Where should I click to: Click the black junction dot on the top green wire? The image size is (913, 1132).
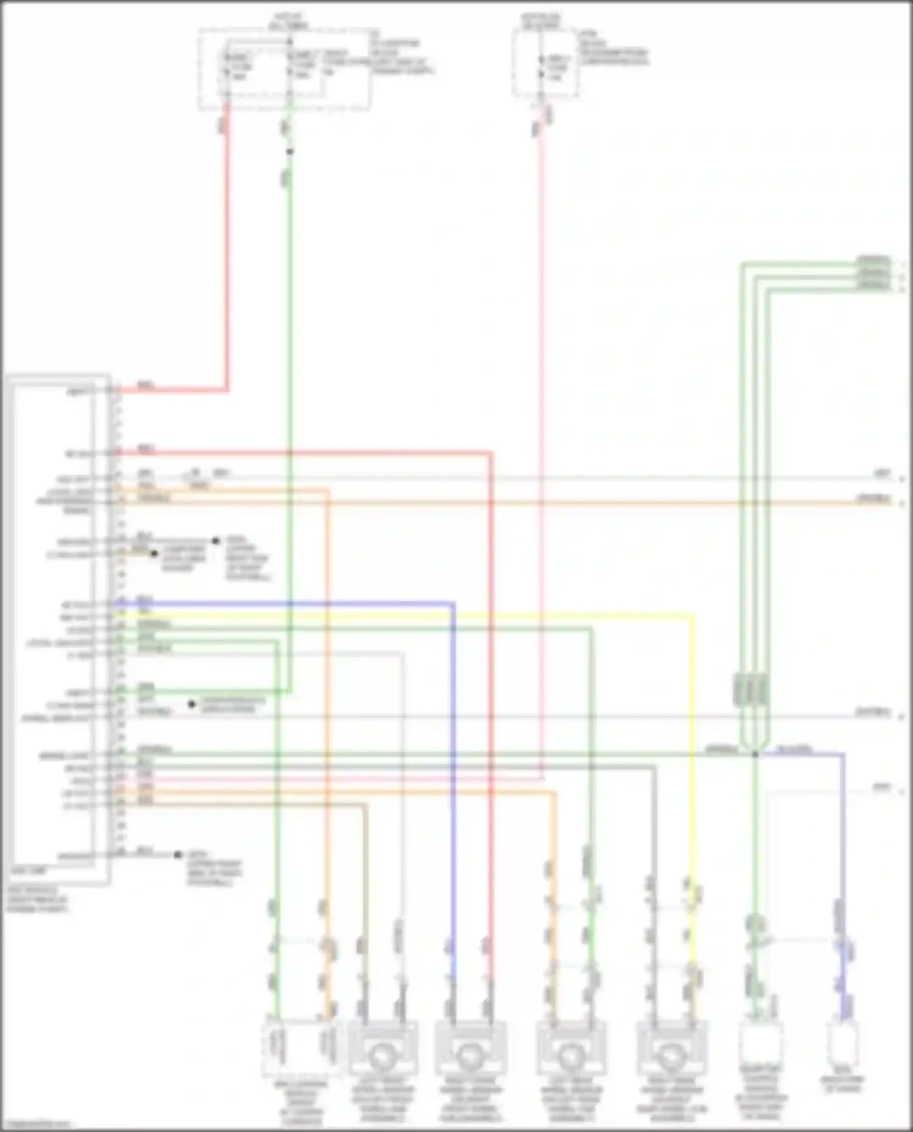click(290, 151)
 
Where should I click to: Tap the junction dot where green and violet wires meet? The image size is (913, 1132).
click(755, 754)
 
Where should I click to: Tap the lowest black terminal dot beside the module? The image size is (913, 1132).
click(178, 854)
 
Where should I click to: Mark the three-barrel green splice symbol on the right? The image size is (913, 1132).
click(750, 690)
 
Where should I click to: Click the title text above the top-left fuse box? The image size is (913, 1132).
click(289, 21)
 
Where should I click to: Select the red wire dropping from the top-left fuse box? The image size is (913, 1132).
click(227, 243)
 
